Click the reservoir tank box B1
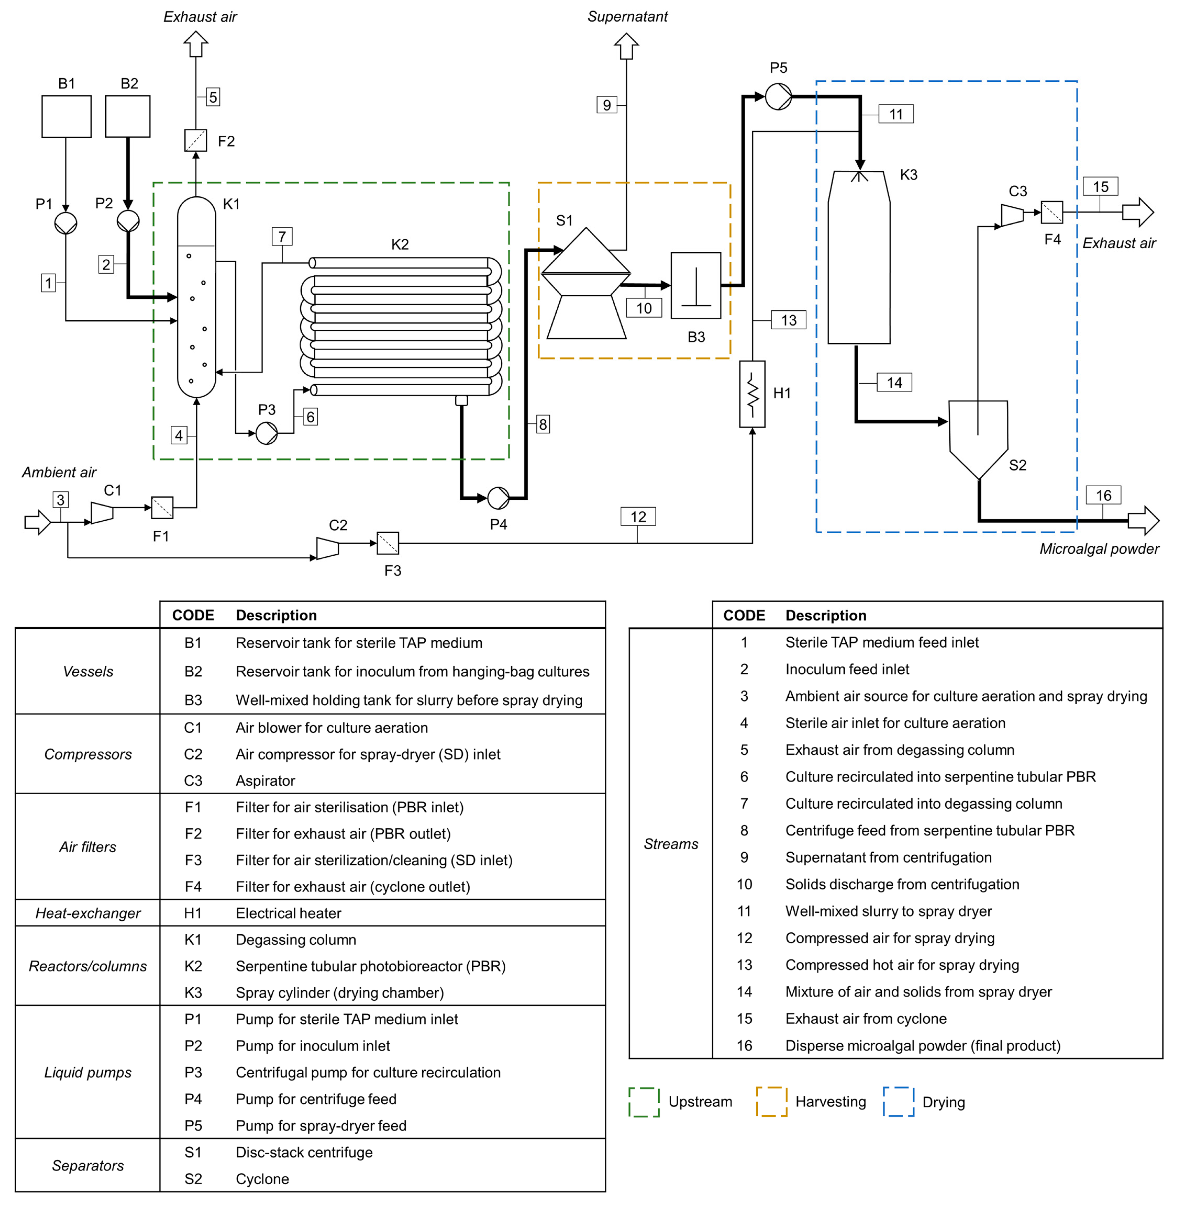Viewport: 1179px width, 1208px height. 66,116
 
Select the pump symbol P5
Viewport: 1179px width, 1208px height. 778,97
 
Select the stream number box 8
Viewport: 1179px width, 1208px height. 543,424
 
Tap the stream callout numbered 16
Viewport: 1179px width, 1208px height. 1103,495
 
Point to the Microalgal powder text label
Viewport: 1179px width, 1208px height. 1099,549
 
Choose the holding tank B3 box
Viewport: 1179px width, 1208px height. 696,285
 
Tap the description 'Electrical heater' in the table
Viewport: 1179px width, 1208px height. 289,913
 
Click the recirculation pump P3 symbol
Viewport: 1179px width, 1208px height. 267,433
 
